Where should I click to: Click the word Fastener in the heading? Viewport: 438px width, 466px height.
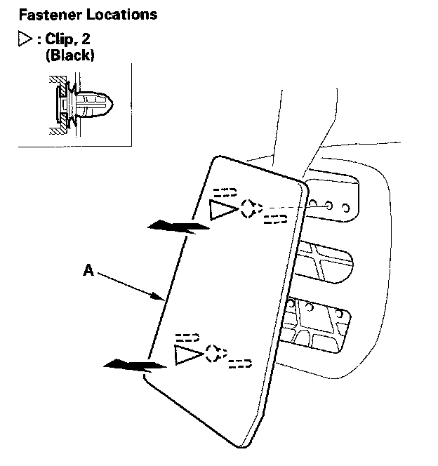point(48,14)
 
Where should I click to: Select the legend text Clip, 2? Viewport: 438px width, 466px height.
point(67,41)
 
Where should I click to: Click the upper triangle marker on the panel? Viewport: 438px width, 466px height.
point(223,208)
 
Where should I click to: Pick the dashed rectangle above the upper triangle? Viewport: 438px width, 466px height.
point(225,190)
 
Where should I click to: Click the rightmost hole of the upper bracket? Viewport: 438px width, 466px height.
point(344,207)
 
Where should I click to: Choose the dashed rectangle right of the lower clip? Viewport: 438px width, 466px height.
point(240,364)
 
